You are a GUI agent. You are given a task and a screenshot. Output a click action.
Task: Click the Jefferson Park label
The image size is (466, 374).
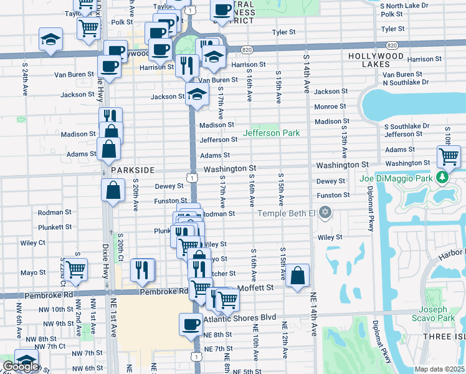(x=272, y=133)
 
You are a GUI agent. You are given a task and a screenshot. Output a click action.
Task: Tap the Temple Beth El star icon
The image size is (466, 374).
(x=324, y=214)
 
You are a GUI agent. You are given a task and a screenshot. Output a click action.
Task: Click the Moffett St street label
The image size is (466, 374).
(x=257, y=287)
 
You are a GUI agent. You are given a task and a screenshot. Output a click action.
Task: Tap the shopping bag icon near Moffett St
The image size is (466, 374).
(x=298, y=275)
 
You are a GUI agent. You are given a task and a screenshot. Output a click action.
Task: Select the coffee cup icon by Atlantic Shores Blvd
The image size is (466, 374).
(x=191, y=324)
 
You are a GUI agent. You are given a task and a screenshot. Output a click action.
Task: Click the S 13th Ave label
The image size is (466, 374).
(x=344, y=143)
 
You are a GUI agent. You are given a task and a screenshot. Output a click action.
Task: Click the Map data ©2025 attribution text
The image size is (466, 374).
(x=440, y=369)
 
